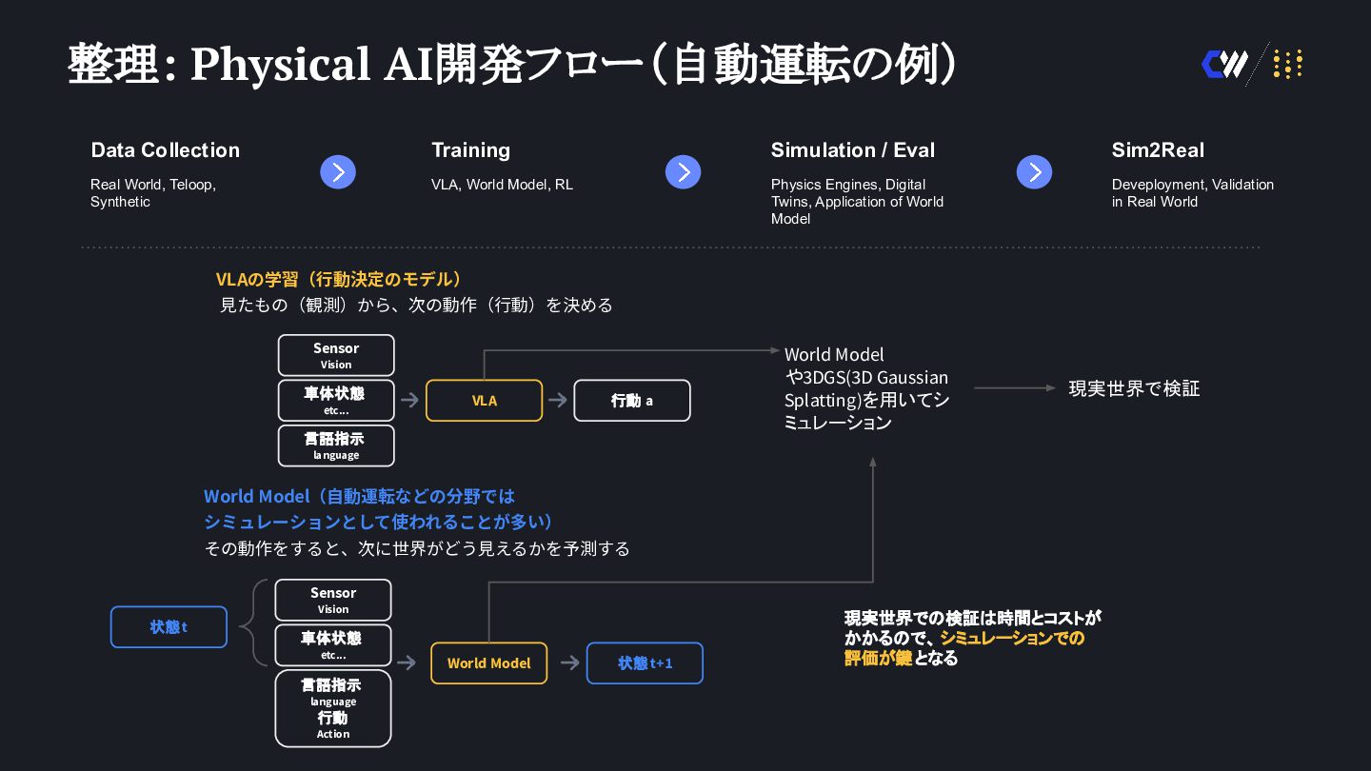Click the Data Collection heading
pos(165,150)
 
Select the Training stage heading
pos(470,150)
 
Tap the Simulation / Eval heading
pos(852,150)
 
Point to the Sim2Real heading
pos(1157,150)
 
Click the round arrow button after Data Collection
pos(338,172)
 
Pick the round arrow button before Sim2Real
pos(1034,172)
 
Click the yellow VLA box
pos(484,401)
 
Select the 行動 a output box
pos(631,401)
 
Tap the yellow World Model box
pos(488,663)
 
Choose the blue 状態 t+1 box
pos(645,663)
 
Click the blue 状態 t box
pos(169,627)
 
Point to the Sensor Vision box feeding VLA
pos(336,355)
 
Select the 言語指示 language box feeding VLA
pos(336,445)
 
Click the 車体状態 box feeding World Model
pos(332,644)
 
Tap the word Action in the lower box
pos(333,734)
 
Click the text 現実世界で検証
pos(1134,388)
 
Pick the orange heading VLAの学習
pos(340,279)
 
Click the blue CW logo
pos(1224,65)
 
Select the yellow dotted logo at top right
pos(1287,65)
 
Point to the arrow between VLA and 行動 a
pos(558,401)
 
